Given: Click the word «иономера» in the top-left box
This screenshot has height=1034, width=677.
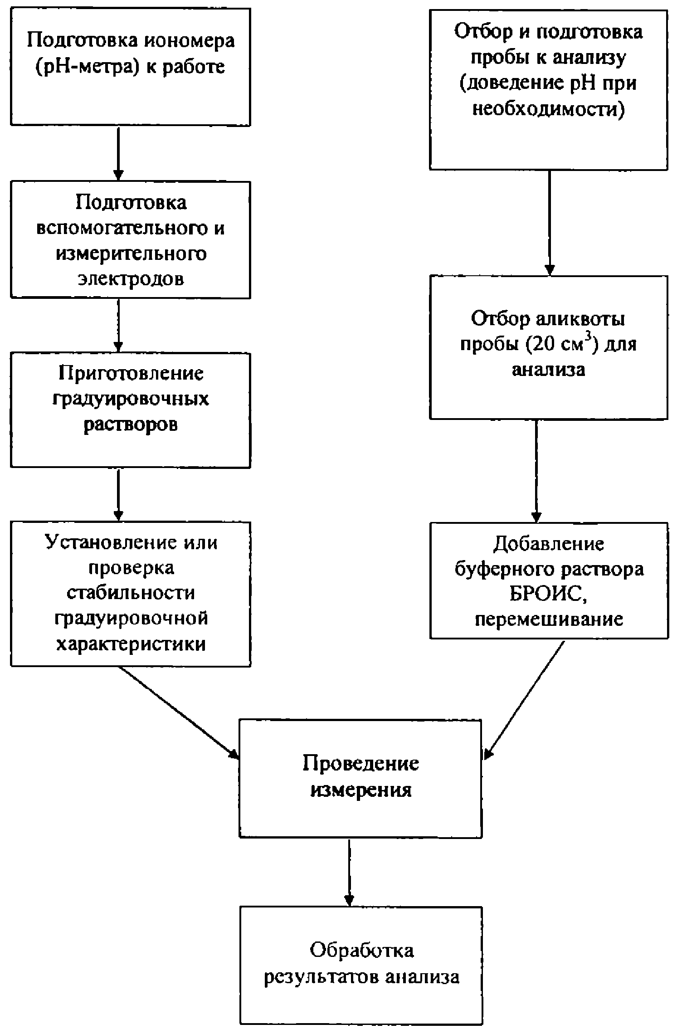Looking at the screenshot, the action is [x=190, y=40].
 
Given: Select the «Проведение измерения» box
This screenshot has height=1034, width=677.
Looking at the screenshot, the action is [x=360, y=778].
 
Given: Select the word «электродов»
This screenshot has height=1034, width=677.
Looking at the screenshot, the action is [x=131, y=278].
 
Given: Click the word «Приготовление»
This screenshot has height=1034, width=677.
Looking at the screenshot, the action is [x=131, y=373].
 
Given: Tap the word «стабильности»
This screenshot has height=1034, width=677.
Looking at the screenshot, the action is [x=131, y=593].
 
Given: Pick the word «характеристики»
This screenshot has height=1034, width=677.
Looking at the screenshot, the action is [x=131, y=644].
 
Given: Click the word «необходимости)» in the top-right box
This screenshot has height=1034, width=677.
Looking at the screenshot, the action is [x=549, y=110].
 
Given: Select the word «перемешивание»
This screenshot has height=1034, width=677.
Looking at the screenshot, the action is [x=549, y=619].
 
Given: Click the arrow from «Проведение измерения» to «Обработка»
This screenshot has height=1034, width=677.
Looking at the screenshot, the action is [x=349, y=872].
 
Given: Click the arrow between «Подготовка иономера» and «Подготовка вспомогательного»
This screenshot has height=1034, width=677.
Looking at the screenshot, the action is [x=118, y=154].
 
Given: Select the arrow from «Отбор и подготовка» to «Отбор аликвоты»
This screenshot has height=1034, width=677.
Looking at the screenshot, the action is [x=550, y=223].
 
